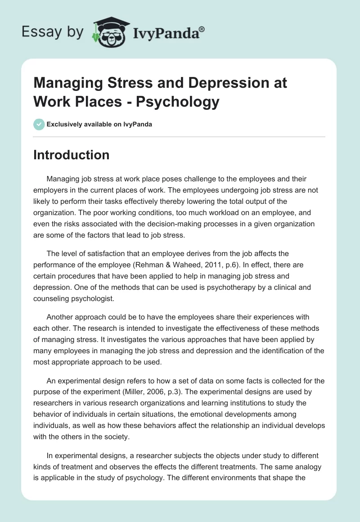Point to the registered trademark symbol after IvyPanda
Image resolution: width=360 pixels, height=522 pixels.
[202, 28]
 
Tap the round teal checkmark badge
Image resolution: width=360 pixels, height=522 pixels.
[39, 124]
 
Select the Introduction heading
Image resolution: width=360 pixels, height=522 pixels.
[72, 155]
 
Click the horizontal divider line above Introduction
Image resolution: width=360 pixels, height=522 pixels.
[180, 136]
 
